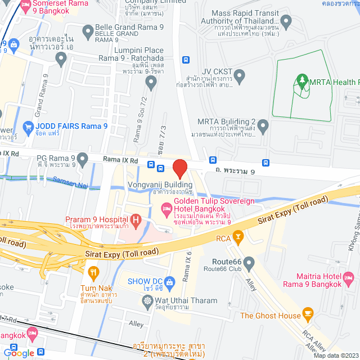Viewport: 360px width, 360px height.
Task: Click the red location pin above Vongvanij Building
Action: [179, 169]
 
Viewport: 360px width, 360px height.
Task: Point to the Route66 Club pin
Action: [249, 262]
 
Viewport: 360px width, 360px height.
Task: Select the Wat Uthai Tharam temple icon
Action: [147, 301]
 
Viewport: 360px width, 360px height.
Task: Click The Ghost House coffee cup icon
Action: [308, 312]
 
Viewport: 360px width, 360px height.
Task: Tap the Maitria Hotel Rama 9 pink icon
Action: [349, 278]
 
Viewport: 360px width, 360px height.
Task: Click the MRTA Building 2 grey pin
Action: [263, 123]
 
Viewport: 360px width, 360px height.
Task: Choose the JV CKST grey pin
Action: [238, 75]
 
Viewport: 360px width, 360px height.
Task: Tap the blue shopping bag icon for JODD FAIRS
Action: [26, 127]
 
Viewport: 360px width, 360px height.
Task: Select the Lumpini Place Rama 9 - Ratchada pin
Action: [150, 83]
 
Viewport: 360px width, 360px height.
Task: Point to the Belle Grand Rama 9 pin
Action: [87, 30]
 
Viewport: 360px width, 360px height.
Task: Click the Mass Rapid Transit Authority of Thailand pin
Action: [286, 22]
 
